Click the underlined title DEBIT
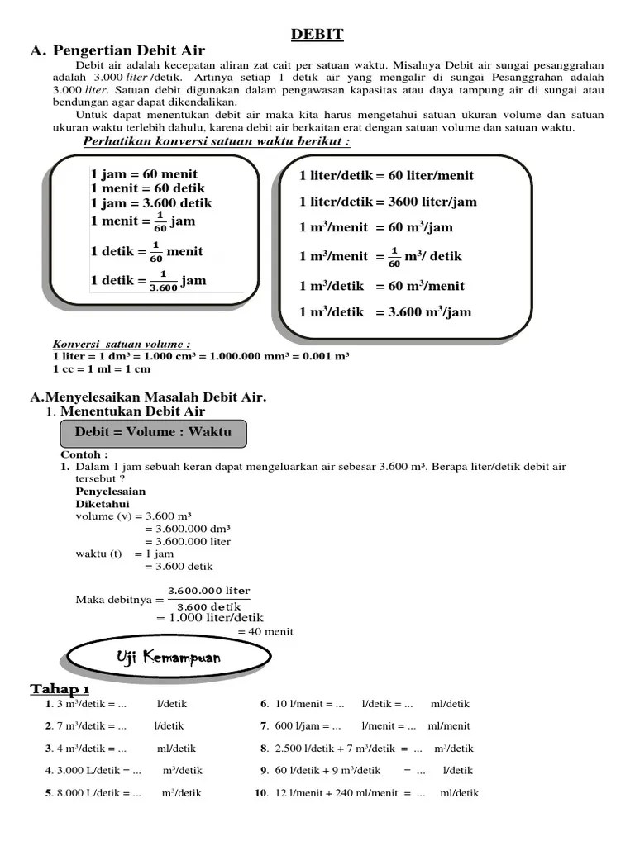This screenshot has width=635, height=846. (x=317, y=34)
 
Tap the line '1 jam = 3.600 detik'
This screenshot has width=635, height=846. (x=151, y=203)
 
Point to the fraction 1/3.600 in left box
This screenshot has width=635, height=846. (x=163, y=281)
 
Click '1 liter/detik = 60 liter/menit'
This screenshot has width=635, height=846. (x=386, y=176)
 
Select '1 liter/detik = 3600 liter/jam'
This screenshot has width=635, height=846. (x=388, y=202)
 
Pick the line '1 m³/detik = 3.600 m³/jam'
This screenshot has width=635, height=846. (x=385, y=312)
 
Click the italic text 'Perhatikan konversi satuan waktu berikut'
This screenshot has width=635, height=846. (x=217, y=141)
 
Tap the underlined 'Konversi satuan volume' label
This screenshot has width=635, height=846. (x=122, y=344)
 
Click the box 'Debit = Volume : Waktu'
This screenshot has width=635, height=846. (x=153, y=432)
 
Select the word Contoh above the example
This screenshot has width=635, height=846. (x=84, y=454)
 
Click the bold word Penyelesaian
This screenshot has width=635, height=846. (x=110, y=492)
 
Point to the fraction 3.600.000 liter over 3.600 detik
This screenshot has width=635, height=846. (x=208, y=598)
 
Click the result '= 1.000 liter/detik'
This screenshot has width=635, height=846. (x=209, y=617)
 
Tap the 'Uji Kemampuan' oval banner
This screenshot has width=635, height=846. (x=168, y=658)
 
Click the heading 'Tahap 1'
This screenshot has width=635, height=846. (x=60, y=689)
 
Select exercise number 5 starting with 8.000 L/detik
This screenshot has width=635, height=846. (x=124, y=793)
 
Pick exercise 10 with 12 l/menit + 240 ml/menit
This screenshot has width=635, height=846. (x=368, y=793)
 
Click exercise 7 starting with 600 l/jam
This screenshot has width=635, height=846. (x=365, y=726)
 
